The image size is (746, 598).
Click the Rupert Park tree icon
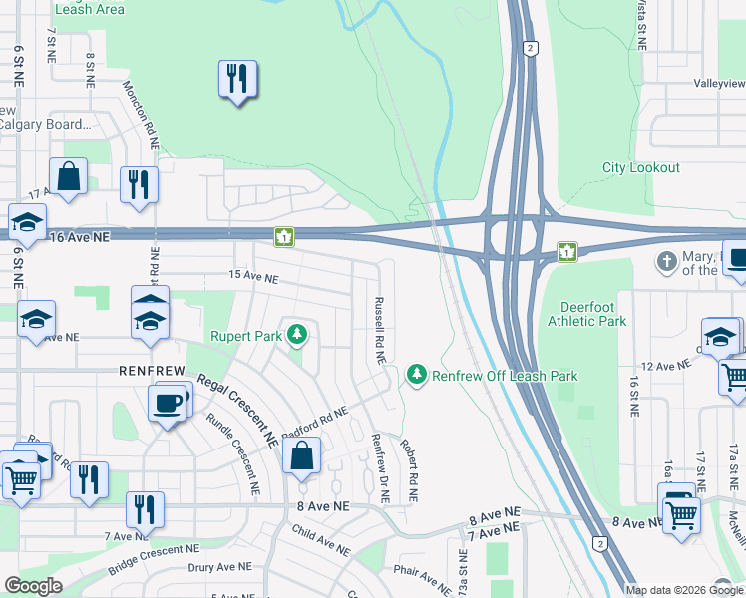point(296,336)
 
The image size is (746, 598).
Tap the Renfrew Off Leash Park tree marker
point(416,376)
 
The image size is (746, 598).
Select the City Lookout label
point(641,168)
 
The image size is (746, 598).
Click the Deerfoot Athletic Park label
point(587,314)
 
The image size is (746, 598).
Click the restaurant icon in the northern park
point(237,79)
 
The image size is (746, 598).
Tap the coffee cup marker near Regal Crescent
point(166,404)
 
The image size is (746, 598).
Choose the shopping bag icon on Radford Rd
point(301,456)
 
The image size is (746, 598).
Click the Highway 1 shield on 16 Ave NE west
point(285,236)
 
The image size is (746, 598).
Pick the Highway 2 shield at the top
point(530,47)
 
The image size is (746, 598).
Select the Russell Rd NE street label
point(378,329)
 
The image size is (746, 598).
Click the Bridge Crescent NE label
point(147,558)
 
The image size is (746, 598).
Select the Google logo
point(34,587)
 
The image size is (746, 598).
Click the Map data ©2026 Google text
point(683,590)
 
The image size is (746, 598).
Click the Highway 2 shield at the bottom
point(600,543)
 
